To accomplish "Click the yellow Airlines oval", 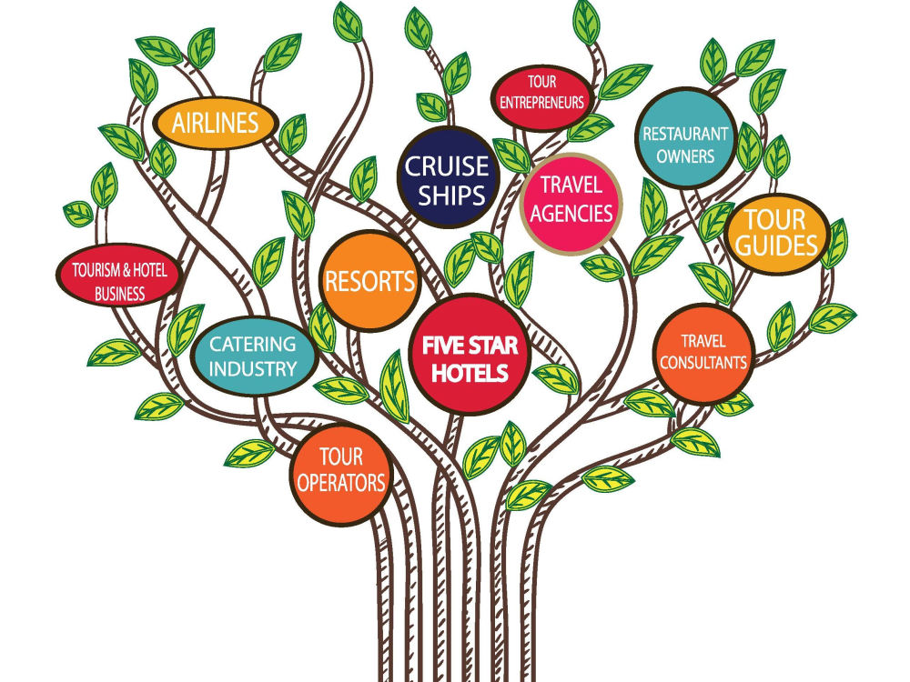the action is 216,123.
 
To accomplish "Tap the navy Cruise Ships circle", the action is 448,177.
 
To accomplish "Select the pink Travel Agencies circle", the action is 571,203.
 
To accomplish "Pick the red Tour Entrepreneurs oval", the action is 542,97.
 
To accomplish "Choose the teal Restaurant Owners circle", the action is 685,138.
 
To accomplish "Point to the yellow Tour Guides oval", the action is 777,233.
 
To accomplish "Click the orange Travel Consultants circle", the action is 703,354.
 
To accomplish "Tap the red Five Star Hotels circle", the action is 470,354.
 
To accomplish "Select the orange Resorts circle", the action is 369,281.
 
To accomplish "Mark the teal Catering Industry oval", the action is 253,356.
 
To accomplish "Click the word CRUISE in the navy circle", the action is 447,166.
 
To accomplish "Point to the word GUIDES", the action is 776,246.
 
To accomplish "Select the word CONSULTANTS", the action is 703,363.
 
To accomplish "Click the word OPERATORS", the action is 340,483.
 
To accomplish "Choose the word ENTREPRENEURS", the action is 542,104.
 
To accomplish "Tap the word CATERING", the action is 252,345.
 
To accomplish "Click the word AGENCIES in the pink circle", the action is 571,214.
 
